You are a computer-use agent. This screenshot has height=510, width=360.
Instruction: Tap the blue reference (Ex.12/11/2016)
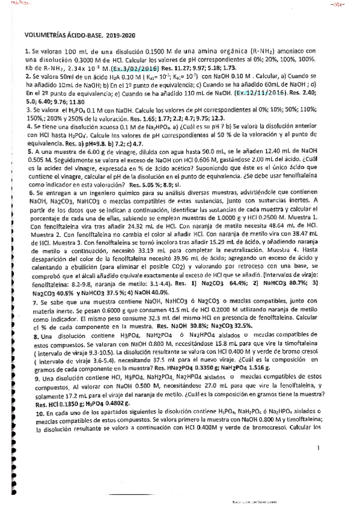tap(259, 94)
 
